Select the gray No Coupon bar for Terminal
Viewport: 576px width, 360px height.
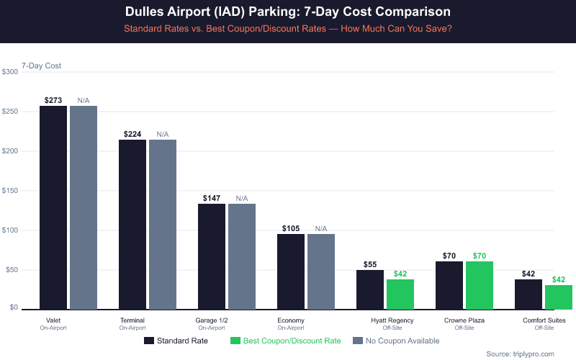pyautogui.click(x=163, y=224)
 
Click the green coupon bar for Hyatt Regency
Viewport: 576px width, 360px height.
pyautogui.click(x=400, y=294)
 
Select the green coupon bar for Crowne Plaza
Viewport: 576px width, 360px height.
pyautogui.click(x=480, y=285)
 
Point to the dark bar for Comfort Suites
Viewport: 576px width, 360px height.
pyautogui.click(x=528, y=294)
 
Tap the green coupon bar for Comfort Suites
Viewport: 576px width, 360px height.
pyautogui.click(x=559, y=297)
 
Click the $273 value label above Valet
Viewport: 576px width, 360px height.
pyautogui.click(x=53, y=99)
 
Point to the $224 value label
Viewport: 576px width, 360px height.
pyautogui.click(x=132, y=134)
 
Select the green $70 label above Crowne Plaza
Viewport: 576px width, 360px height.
pyautogui.click(x=480, y=256)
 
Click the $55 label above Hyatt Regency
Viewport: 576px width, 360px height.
pyautogui.click(x=370, y=264)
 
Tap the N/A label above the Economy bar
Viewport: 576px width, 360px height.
pyautogui.click(x=321, y=228)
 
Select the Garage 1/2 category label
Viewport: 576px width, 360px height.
pyautogui.click(x=212, y=320)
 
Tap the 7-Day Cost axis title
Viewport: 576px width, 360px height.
pyautogui.click(x=42, y=66)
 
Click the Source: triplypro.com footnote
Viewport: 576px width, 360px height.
pyautogui.click(x=520, y=354)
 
